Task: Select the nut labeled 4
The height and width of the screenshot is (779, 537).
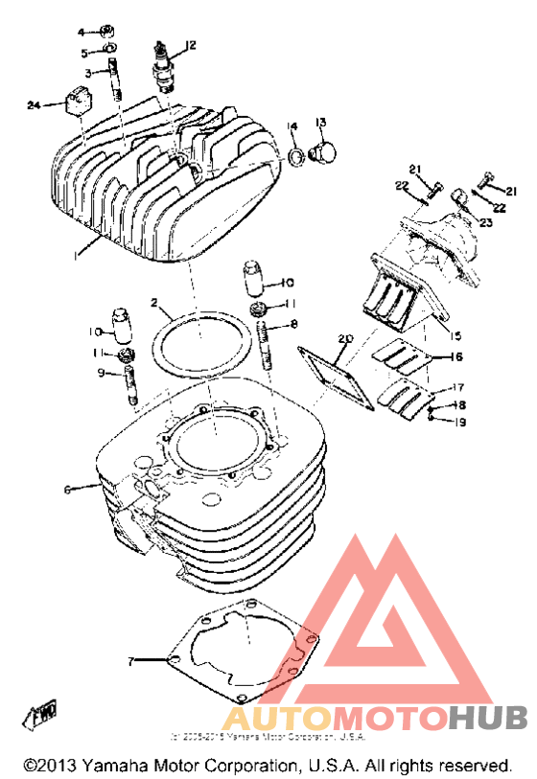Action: click(x=109, y=31)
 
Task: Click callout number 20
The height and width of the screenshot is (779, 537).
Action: click(x=345, y=338)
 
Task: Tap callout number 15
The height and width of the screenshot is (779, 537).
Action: click(x=455, y=335)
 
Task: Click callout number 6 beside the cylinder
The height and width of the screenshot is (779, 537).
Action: click(x=67, y=489)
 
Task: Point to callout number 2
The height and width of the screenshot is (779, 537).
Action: click(x=152, y=302)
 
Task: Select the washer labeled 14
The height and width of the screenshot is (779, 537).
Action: click(x=298, y=153)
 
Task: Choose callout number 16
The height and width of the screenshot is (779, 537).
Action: click(x=457, y=356)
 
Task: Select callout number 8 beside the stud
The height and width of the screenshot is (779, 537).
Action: click(x=294, y=324)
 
